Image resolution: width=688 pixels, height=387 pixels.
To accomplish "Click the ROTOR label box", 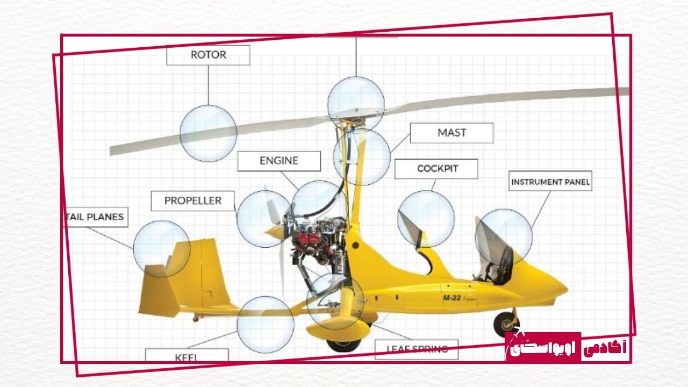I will click(x=208, y=55).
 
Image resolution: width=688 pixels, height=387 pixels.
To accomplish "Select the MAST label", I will click(x=451, y=133).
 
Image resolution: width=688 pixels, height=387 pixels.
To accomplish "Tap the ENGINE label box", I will click(x=279, y=161).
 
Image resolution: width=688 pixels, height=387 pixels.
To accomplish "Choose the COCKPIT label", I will click(x=436, y=169).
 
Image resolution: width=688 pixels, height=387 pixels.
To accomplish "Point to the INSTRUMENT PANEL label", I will click(x=550, y=182).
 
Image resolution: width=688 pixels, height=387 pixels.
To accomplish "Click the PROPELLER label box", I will click(x=193, y=200).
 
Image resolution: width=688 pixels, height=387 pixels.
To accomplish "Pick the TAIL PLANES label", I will click(x=96, y=217).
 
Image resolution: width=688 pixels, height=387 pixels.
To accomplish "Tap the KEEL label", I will click(x=187, y=356).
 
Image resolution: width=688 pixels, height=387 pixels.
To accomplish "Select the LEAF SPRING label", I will click(x=417, y=349).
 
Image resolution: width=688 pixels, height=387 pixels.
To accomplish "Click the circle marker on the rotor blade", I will click(x=208, y=133).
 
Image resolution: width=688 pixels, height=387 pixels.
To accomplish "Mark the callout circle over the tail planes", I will click(x=161, y=248).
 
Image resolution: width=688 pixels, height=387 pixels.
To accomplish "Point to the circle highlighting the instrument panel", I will click(x=504, y=237).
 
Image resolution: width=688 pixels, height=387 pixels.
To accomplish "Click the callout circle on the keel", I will click(x=266, y=324).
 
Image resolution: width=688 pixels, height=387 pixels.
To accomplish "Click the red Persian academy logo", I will click(x=567, y=347).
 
